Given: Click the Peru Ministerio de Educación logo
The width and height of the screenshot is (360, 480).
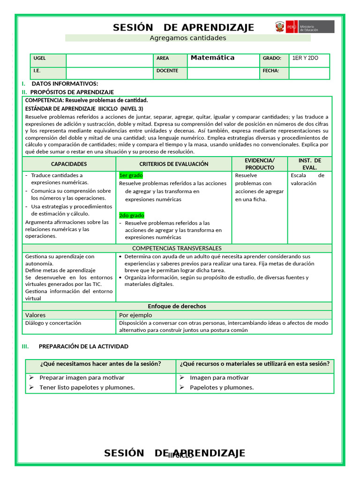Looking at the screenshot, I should click(x=305, y=27).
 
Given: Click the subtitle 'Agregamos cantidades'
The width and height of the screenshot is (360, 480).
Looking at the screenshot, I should click(x=187, y=38).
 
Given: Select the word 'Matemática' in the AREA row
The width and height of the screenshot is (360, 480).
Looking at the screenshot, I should click(x=212, y=58).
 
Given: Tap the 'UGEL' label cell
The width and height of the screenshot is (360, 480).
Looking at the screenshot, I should click(x=39, y=59).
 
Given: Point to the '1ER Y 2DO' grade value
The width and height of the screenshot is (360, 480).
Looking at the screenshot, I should click(x=305, y=58).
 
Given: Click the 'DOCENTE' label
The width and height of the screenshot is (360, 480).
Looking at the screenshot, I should click(x=167, y=71).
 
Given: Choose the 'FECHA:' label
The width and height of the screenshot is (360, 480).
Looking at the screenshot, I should click(x=271, y=71).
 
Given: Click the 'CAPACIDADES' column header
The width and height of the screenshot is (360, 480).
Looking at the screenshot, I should click(x=69, y=164).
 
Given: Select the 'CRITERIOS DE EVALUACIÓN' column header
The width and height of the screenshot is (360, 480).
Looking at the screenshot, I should click(x=174, y=164).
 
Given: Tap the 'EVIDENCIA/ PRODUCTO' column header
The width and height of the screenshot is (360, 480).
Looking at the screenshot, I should click(x=260, y=164).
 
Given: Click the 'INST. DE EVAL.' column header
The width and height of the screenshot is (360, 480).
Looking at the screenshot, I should click(x=309, y=164).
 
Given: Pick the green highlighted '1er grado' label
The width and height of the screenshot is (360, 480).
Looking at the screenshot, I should click(x=131, y=175).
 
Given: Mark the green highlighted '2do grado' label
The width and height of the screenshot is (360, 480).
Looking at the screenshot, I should click(x=132, y=215).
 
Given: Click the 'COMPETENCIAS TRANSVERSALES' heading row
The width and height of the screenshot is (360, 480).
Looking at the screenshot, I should click(x=177, y=248).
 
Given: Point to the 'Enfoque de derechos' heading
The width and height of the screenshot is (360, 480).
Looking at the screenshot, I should click(x=177, y=306).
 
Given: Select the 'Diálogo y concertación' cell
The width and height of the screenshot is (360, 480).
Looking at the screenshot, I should click(x=53, y=323).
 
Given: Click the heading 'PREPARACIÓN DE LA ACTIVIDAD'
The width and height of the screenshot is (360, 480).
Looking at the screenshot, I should click(x=83, y=346).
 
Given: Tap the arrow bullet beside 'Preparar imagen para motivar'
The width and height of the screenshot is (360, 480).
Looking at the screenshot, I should click(x=31, y=377).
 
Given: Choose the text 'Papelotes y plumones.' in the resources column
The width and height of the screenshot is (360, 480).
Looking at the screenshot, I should click(x=222, y=387).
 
